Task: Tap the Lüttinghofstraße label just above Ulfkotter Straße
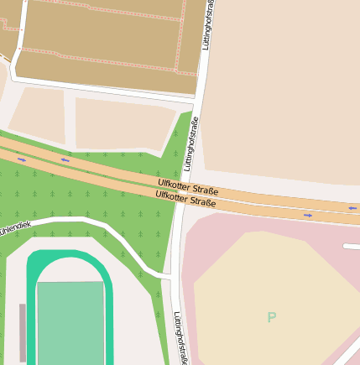pos(191,143)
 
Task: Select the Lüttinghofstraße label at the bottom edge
pos(179,338)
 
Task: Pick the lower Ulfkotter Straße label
pos(185,199)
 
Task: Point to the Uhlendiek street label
pos(14,228)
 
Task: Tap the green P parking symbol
pos(271,317)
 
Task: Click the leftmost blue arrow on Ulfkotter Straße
pos(21,159)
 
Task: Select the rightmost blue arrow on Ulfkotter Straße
pos(352,208)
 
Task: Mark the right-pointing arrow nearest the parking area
pos(308,216)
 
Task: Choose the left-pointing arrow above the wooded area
pos(65,159)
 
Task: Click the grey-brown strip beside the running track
pos(23,332)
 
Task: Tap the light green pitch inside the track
pos(70,323)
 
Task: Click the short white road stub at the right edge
pos(352,246)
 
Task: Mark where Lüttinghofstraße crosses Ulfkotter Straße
pos(183,193)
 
